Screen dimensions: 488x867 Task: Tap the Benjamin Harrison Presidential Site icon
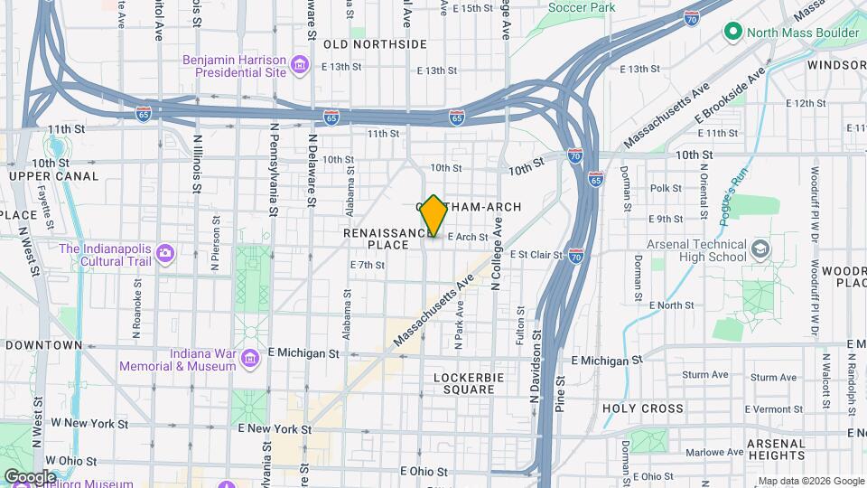(x=301, y=65)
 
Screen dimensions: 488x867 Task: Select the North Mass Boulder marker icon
(x=733, y=33)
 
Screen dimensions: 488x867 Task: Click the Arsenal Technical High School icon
(x=761, y=249)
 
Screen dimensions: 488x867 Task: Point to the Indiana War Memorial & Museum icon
(x=250, y=360)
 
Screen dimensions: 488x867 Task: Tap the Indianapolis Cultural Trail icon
(x=164, y=253)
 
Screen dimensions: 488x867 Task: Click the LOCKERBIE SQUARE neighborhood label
(x=464, y=383)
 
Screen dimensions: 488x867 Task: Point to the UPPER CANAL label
(x=54, y=175)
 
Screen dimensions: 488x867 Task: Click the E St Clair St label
(x=536, y=255)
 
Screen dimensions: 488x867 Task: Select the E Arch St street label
(x=468, y=238)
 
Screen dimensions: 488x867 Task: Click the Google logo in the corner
(x=29, y=476)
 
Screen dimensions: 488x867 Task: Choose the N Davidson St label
(x=535, y=366)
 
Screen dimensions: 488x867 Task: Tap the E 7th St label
(x=368, y=265)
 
